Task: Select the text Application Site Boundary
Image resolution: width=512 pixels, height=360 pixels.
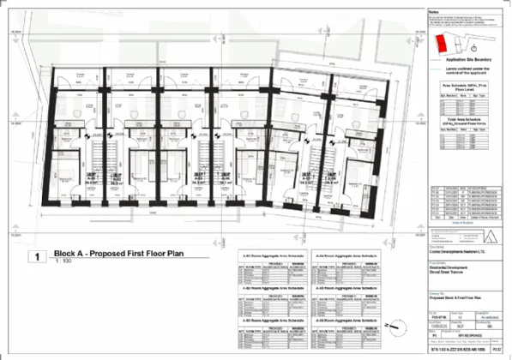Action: pos(464,59)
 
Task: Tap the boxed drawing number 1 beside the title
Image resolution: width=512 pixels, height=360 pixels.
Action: pos(37,256)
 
